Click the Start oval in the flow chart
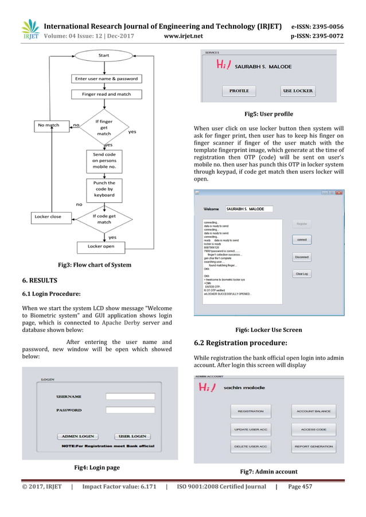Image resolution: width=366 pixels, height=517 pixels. (x=104, y=56)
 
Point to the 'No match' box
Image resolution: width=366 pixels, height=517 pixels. (x=49, y=124)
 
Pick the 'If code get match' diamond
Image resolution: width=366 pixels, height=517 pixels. (x=104, y=218)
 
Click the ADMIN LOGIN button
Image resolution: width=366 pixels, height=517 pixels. (x=78, y=436)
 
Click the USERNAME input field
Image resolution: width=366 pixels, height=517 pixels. (x=130, y=396)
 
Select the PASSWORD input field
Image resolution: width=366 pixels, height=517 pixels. (x=130, y=410)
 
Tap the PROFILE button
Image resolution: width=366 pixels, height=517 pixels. (x=239, y=91)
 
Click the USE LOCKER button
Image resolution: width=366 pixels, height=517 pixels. (x=298, y=91)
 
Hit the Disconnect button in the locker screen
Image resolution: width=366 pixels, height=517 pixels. (x=302, y=257)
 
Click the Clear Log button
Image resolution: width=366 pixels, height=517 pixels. (x=302, y=274)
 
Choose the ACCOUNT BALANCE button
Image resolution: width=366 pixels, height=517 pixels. (x=313, y=411)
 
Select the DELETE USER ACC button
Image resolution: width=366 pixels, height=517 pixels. (x=251, y=446)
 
